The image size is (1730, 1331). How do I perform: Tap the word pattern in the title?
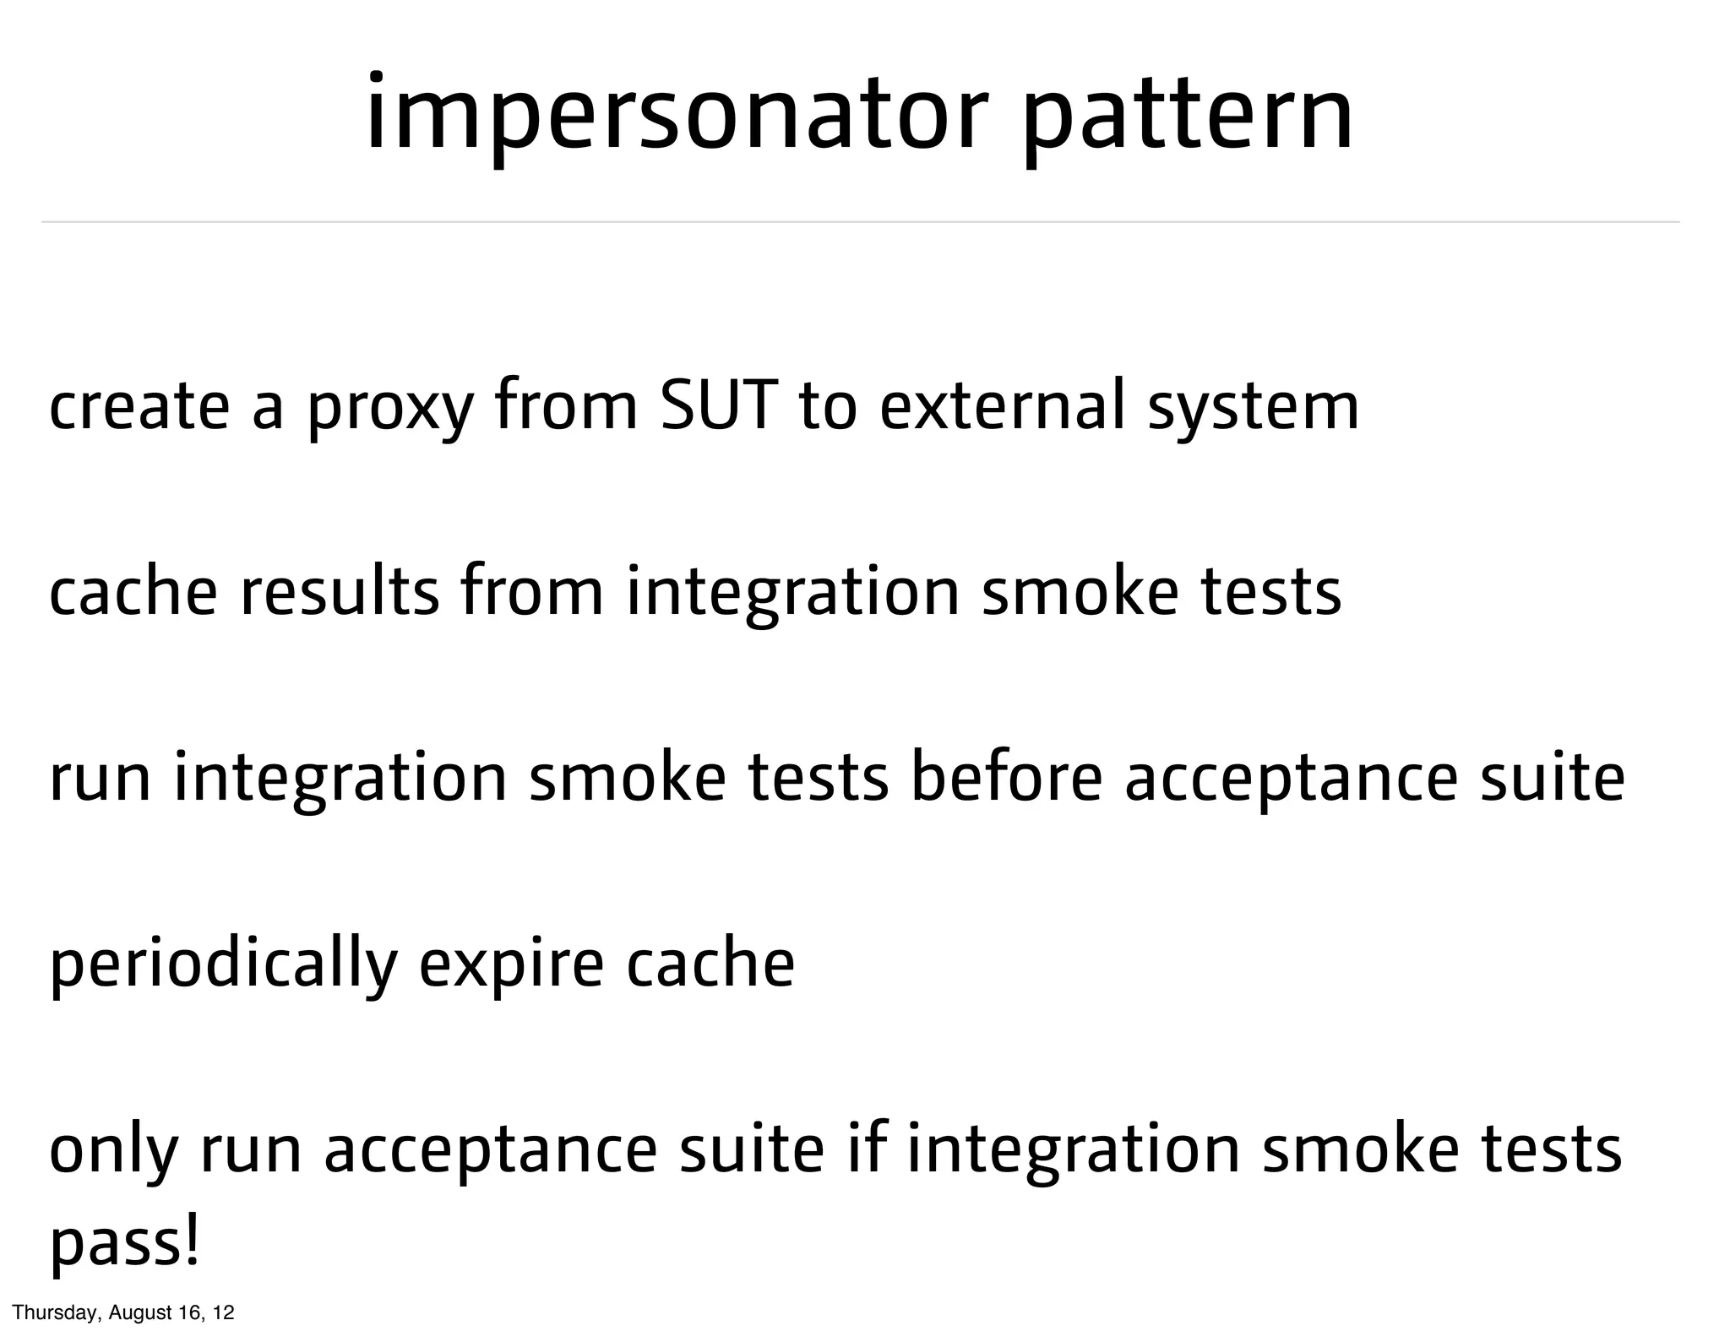click(1188, 117)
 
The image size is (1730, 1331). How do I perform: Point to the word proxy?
click(389, 411)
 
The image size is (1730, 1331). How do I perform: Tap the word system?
click(1254, 411)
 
